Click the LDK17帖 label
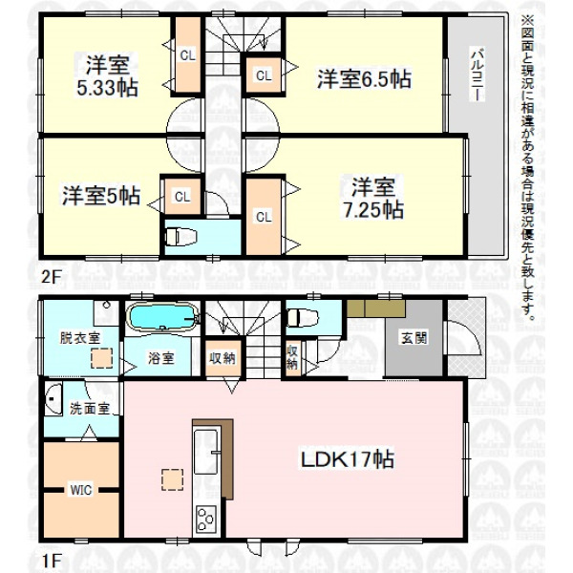pyautogui.click(x=347, y=459)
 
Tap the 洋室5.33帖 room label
pyautogui.click(x=107, y=76)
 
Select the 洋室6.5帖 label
pyautogui.click(x=364, y=78)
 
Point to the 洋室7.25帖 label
pyautogui.click(x=373, y=198)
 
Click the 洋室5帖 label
pyautogui.click(x=101, y=196)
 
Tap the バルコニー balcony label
pyautogui.click(x=477, y=74)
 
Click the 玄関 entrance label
pyautogui.click(x=414, y=338)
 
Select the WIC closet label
pyautogui.click(x=81, y=490)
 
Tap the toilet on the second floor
pyautogui.click(x=181, y=237)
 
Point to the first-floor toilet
pyautogui.click(x=303, y=318)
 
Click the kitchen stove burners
pyautogui.click(x=206, y=519)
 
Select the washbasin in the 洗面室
pyautogui.click(x=53, y=399)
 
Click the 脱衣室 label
pyautogui.click(x=79, y=338)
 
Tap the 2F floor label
pyautogui.click(x=51, y=276)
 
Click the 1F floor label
pyautogui.click(x=51, y=562)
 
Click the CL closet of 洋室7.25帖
pyautogui.click(x=264, y=217)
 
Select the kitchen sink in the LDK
pyautogui.click(x=205, y=452)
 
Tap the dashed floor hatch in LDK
pyautogui.click(x=173, y=479)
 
